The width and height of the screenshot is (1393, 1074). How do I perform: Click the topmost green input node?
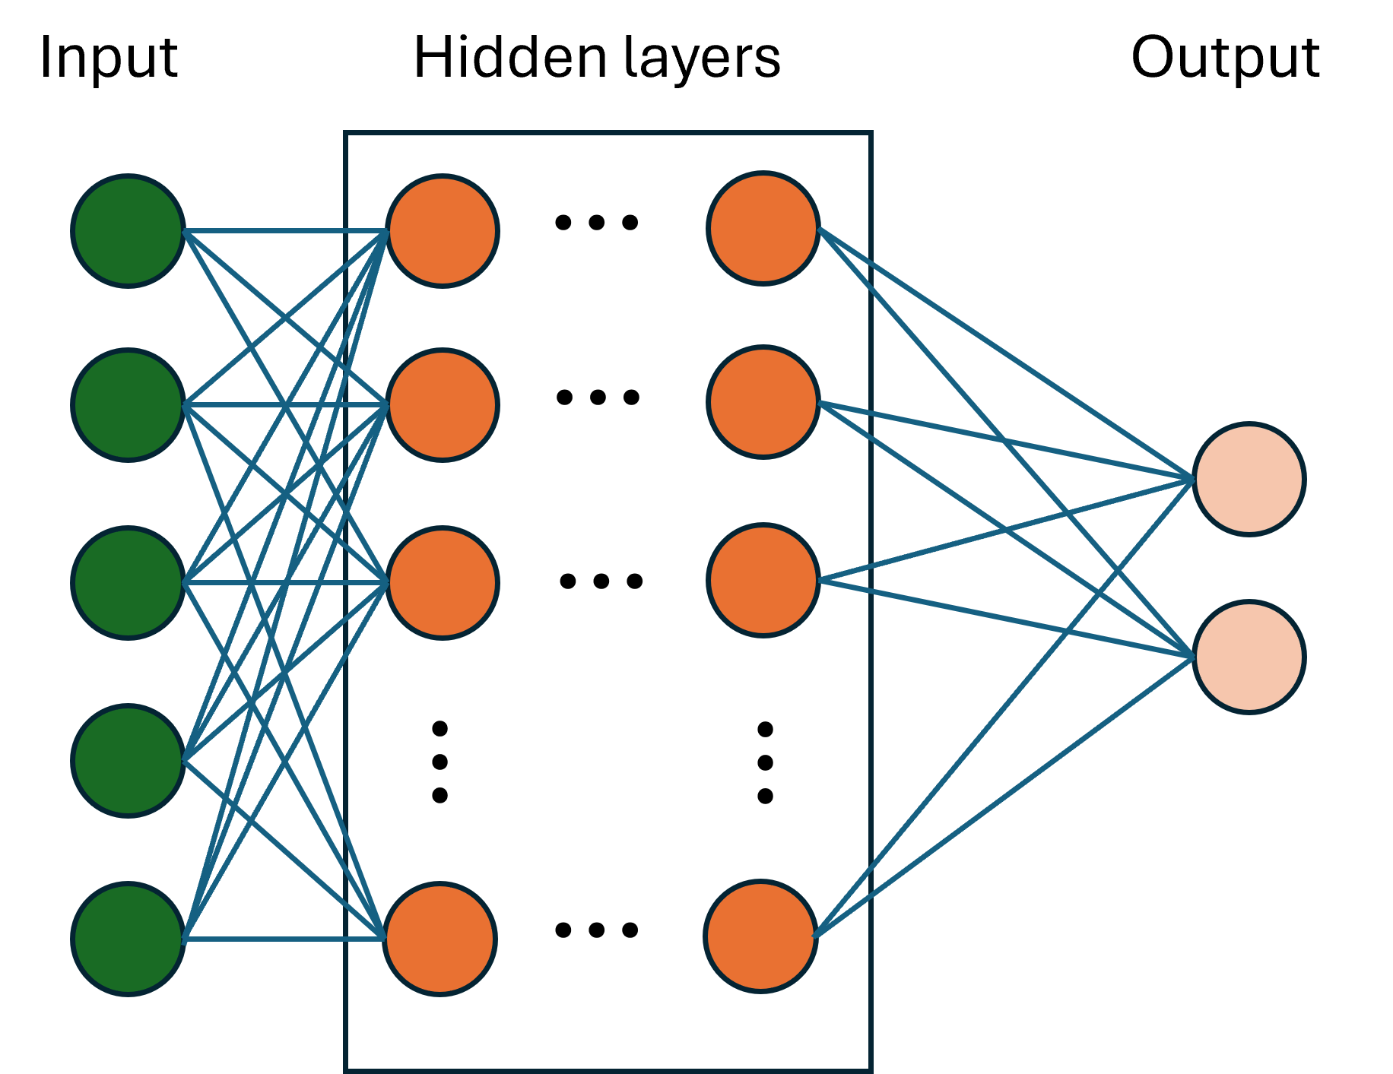point(129,231)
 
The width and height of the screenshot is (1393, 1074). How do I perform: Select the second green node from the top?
point(129,405)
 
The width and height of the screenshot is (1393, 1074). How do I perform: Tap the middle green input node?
point(129,583)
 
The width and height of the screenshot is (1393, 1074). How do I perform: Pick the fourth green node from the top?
point(129,761)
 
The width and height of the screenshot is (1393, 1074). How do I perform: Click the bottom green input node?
point(129,939)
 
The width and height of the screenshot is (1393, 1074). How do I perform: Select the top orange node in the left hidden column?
point(443,231)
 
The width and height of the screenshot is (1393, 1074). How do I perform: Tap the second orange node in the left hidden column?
point(443,405)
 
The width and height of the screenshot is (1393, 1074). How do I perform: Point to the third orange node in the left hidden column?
point(443,583)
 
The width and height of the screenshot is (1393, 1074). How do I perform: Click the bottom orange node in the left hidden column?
point(440,939)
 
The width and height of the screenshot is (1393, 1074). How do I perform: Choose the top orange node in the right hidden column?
point(763,228)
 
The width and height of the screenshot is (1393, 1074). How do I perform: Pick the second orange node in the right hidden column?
point(763,402)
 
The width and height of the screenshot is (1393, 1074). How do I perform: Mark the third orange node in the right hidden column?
point(763,580)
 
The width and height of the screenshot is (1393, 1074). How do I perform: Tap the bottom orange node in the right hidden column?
point(761,936)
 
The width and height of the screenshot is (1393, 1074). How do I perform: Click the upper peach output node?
point(1249,479)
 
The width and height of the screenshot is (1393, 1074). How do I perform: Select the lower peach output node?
point(1249,657)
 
